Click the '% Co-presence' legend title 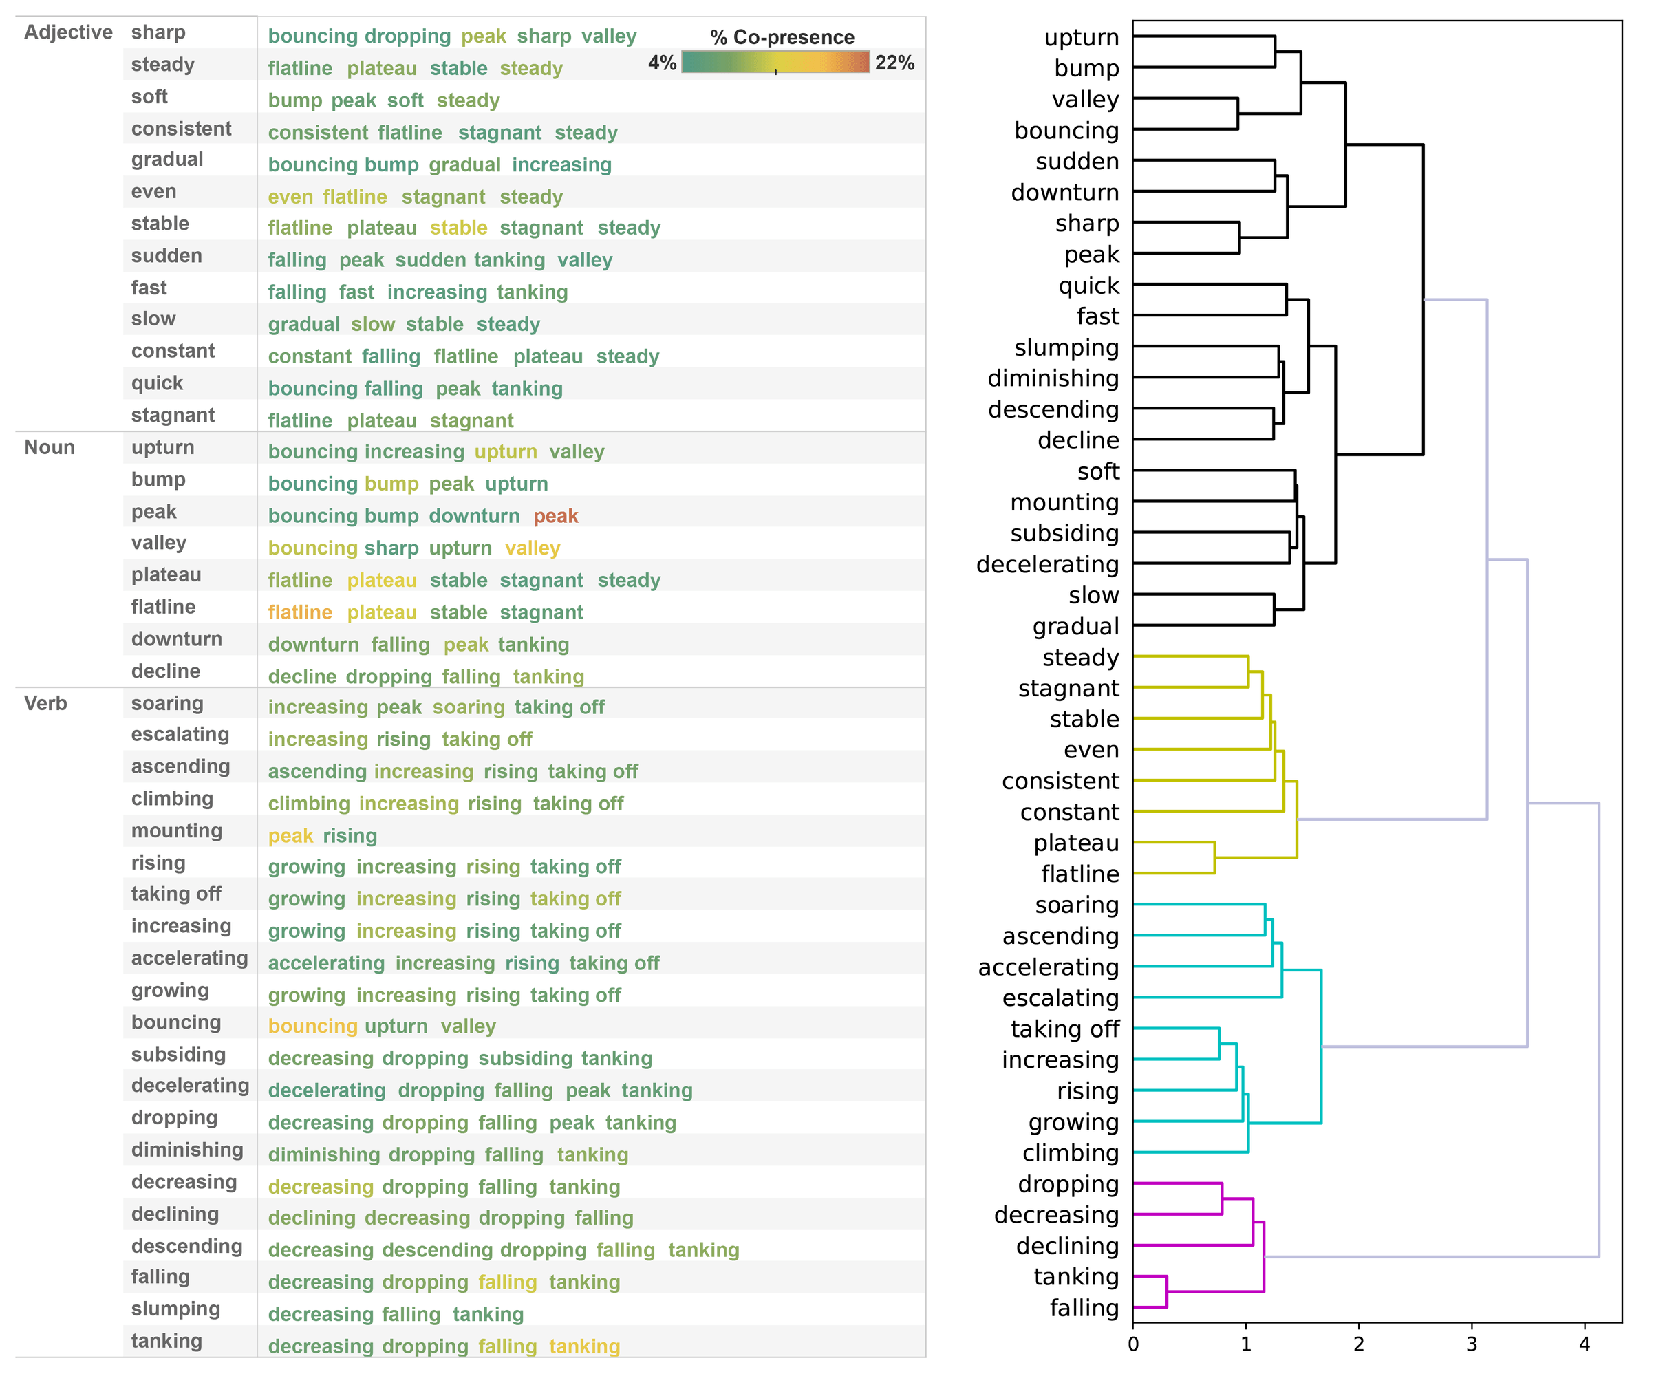pyautogui.click(x=782, y=37)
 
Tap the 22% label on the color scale pyautogui.click(x=894, y=63)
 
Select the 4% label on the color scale pyautogui.click(x=662, y=63)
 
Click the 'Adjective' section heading pyautogui.click(x=68, y=32)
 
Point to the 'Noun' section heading pyautogui.click(x=49, y=447)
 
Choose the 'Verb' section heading pyautogui.click(x=45, y=703)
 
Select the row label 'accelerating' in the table pyautogui.click(x=189, y=958)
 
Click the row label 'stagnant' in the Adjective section pyautogui.click(x=173, y=416)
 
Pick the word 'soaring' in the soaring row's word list pyautogui.click(x=469, y=707)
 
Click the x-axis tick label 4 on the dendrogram pyautogui.click(x=1585, y=1344)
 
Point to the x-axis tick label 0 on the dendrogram pyautogui.click(x=1133, y=1344)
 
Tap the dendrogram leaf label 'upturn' pyautogui.click(x=1081, y=38)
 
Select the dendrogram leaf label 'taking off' pyautogui.click(x=1064, y=1029)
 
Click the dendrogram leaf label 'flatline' pyautogui.click(x=1079, y=874)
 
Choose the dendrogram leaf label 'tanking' pyautogui.click(x=1076, y=1277)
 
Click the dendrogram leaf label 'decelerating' pyautogui.click(x=1047, y=564)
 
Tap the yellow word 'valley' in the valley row pyautogui.click(x=533, y=548)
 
